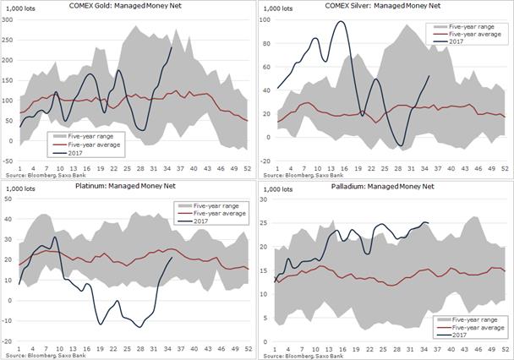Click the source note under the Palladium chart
pos(298,356)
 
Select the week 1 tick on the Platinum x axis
pos(19,347)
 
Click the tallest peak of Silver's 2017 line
pos(340,22)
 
